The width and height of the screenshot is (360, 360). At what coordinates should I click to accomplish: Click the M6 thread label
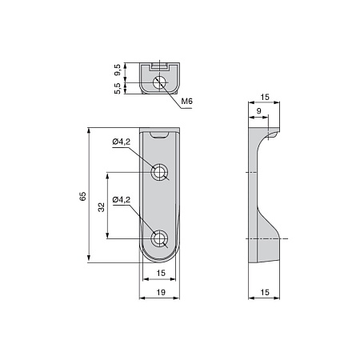tap(186, 102)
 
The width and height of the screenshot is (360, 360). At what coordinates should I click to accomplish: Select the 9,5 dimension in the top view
tap(118, 70)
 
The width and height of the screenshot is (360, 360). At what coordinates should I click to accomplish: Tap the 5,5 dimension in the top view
tap(118, 88)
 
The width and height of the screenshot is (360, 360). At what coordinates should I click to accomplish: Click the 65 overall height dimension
tap(83, 196)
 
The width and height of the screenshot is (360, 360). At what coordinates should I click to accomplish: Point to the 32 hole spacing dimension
tap(102, 207)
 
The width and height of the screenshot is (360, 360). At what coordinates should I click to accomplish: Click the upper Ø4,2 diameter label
tap(122, 142)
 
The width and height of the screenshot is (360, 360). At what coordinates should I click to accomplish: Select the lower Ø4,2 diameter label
tap(122, 200)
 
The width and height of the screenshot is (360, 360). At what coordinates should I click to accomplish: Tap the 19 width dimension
tap(161, 292)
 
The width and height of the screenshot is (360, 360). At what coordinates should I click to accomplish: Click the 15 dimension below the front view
tap(161, 273)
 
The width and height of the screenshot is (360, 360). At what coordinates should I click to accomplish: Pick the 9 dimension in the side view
tap(259, 111)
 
